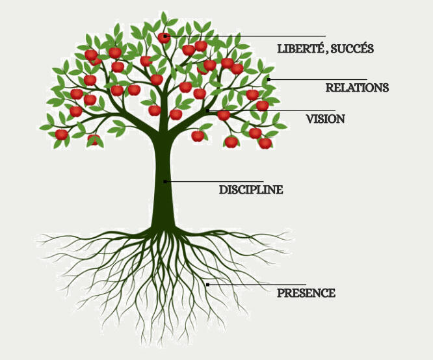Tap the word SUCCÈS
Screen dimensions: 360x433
pos(352,49)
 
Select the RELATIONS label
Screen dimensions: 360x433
pos(357,88)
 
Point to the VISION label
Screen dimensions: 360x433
pos(325,120)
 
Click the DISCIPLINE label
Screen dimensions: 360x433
pos(251,190)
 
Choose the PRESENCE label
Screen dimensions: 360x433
pos(306,294)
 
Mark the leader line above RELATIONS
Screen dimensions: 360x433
pos(319,79)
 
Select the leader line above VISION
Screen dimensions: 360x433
pos(273,110)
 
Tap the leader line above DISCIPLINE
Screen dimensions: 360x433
pos(215,181)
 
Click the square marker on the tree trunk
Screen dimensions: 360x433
pos(165,181)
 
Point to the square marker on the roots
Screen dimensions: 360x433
pos(207,285)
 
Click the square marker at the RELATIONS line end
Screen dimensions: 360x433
pos(269,79)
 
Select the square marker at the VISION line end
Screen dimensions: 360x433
pos(208,110)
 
